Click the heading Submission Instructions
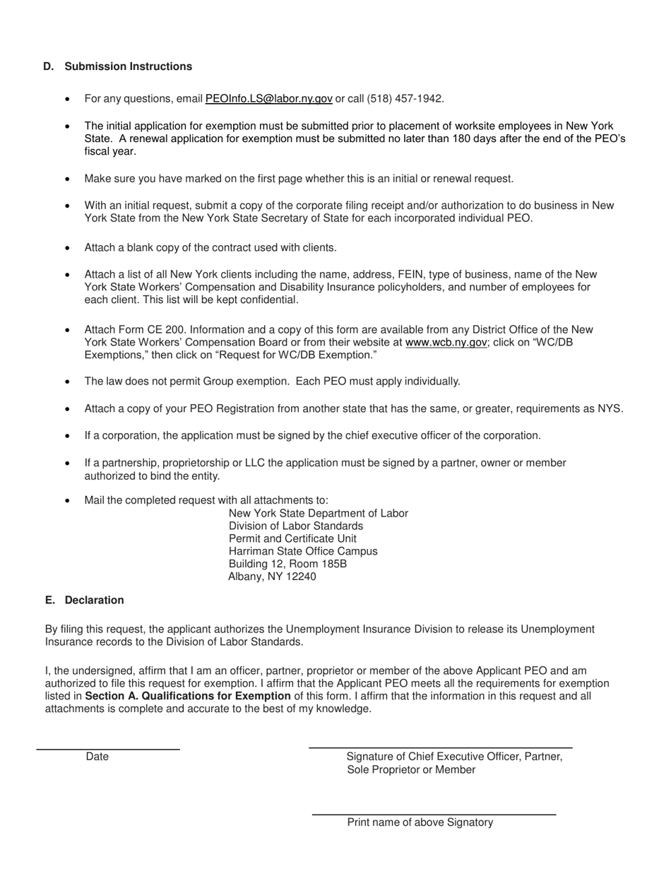(128, 66)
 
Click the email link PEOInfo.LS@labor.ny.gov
(268, 99)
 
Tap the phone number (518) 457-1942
(405, 99)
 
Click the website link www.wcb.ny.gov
(446, 342)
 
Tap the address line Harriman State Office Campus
(303, 551)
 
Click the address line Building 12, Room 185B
(287, 564)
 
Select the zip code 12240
(301, 577)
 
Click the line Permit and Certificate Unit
(292, 538)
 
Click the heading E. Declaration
(84, 601)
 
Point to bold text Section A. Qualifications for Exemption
(188, 696)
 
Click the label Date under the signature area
(97, 757)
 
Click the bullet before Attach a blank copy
(67, 248)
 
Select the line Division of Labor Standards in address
(296, 526)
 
